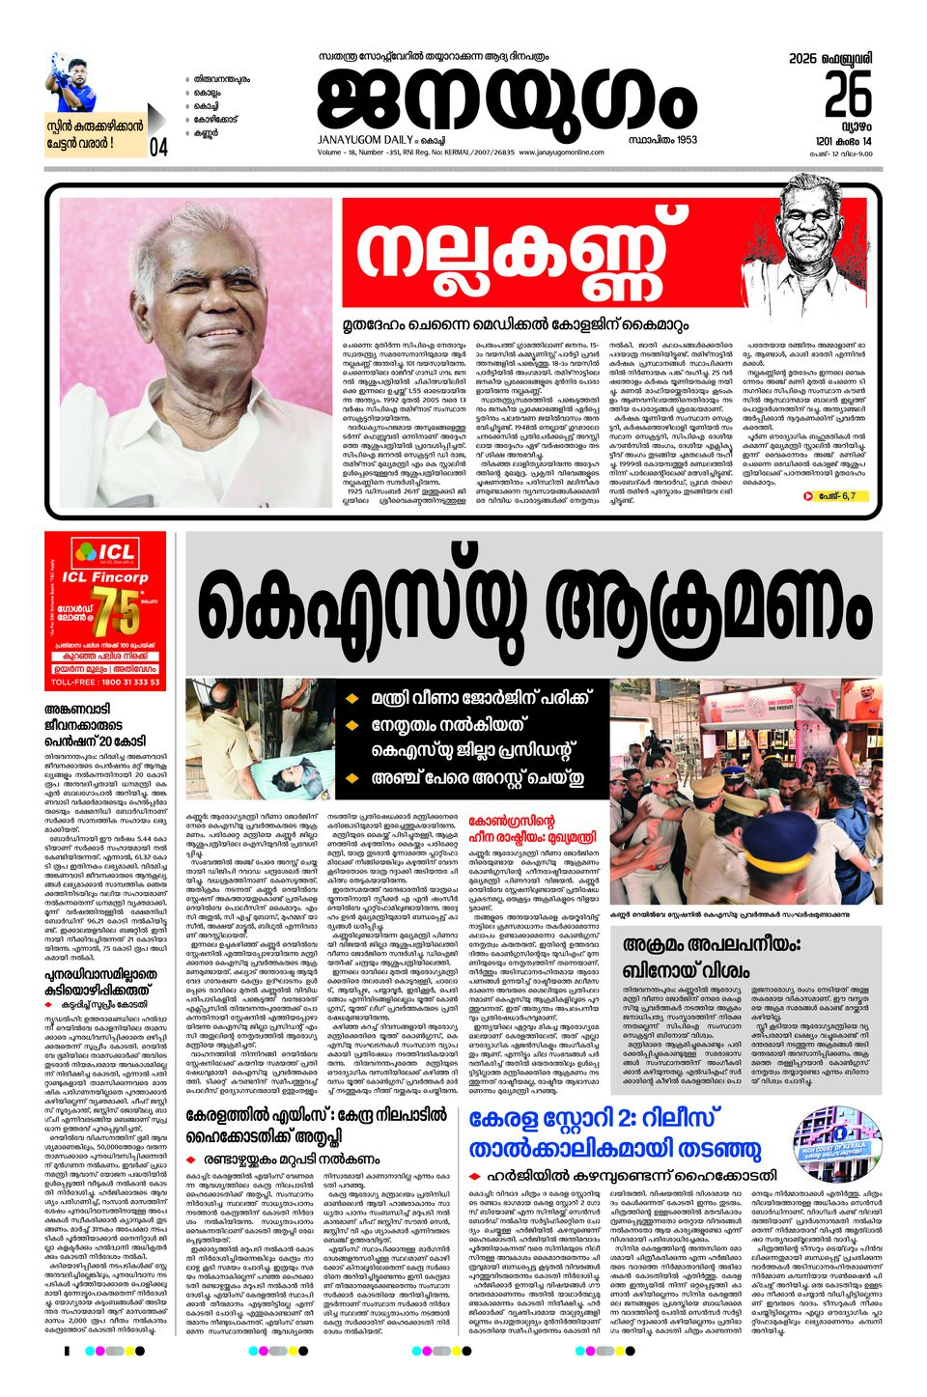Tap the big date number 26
click(847, 94)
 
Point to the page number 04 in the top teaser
click(158, 147)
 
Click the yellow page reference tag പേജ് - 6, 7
click(828, 496)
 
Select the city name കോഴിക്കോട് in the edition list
click(215, 120)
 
